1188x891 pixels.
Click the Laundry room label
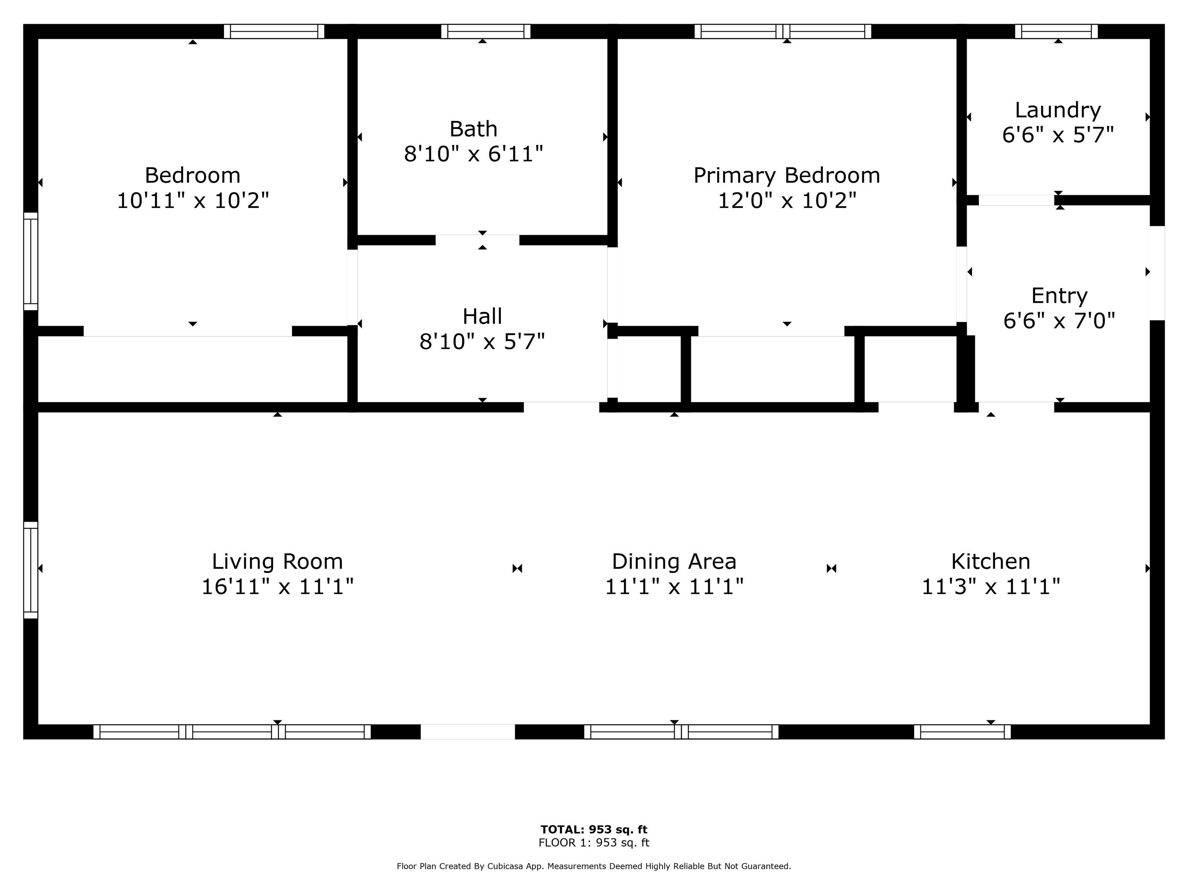(x=1058, y=110)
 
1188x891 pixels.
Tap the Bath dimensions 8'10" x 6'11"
(x=474, y=154)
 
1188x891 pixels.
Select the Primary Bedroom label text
(x=787, y=176)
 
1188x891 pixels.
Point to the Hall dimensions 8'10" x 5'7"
(x=482, y=341)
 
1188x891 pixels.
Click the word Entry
(x=1059, y=296)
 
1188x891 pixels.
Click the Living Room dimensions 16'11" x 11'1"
(x=277, y=587)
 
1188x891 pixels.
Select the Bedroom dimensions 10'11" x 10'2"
(x=193, y=200)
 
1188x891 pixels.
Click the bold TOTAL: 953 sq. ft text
(x=594, y=829)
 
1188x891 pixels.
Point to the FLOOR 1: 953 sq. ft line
(x=594, y=843)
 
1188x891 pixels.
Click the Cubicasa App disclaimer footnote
(x=594, y=866)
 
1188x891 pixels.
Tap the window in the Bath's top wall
(x=485, y=31)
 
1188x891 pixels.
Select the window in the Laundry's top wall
(x=1057, y=31)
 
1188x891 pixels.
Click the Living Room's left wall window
(x=31, y=570)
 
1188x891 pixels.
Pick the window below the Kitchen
(x=963, y=732)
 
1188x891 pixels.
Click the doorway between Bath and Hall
(x=478, y=240)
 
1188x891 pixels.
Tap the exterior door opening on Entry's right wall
(x=1157, y=273)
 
